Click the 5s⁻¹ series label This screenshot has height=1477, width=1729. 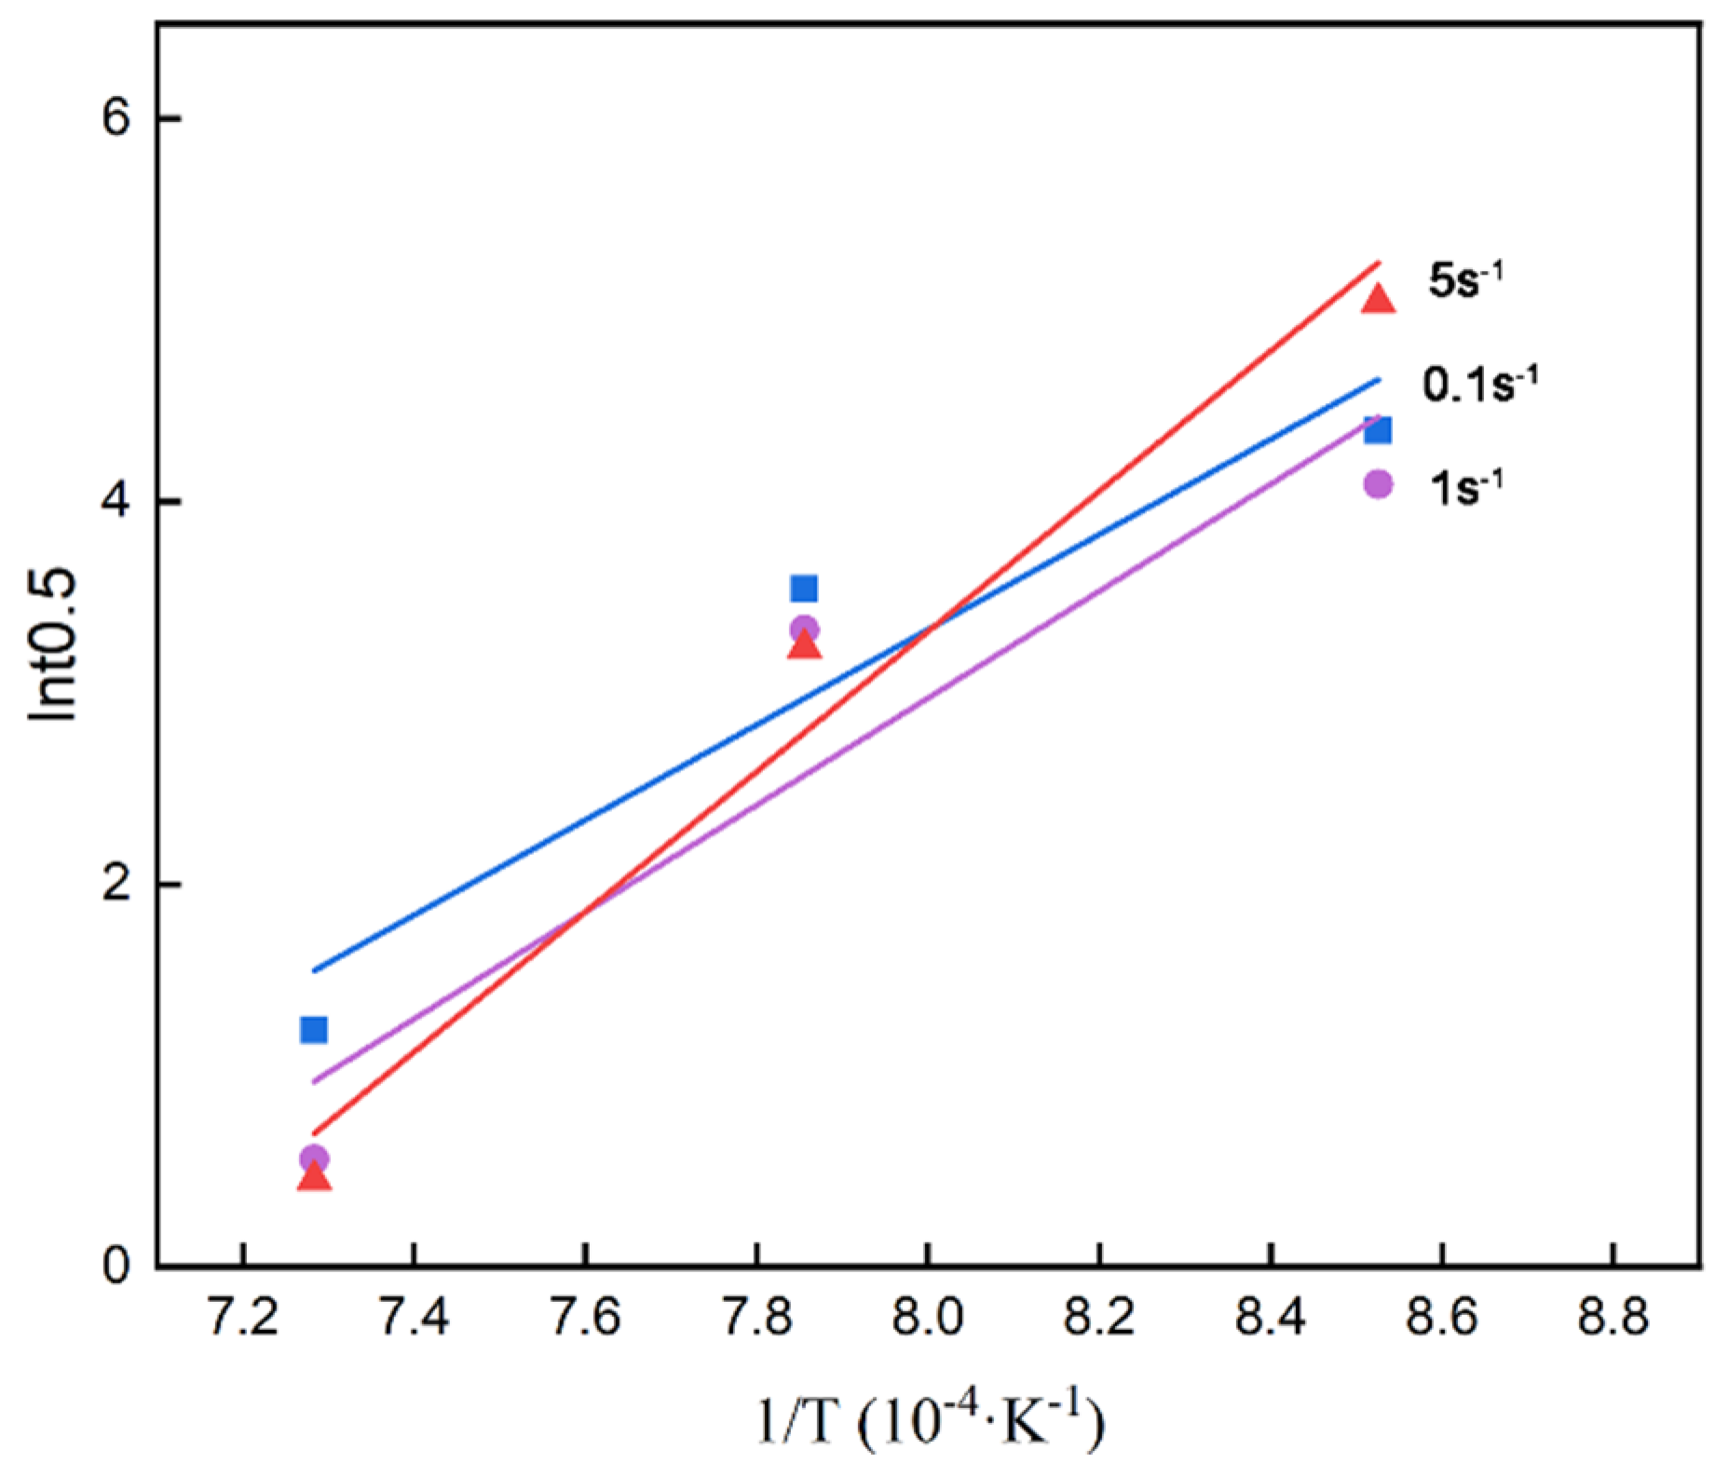tap(1464, 280)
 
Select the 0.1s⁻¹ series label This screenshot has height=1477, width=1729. tap(1478, 384)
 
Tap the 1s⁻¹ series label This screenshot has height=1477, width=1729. tap(1465, 487)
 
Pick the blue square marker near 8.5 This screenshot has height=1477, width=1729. tap(1378, 430)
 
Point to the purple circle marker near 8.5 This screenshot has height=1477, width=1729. tap(1378, 484)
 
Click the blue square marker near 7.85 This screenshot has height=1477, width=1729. tap(804, 589)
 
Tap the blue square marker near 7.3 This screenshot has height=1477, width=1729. tap(314, 1030)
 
